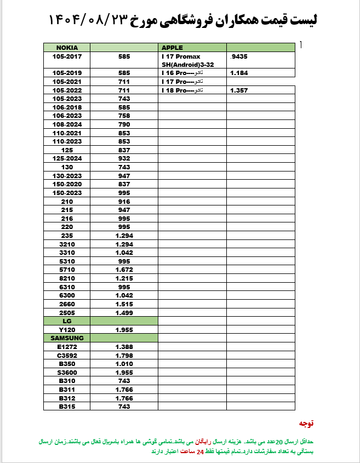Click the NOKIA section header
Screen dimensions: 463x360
67,47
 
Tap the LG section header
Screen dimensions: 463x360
67,321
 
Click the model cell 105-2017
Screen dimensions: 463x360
67,56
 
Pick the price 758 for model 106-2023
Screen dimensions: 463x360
124,116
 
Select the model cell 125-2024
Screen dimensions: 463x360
67,158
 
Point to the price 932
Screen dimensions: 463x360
124,158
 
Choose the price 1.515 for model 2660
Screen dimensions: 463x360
124,304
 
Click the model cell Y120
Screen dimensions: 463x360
67,330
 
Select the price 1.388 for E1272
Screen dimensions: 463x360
124,347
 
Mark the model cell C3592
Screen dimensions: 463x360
67,355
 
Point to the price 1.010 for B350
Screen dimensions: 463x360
124,363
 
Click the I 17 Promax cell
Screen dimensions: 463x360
181,56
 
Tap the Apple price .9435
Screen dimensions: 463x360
239,56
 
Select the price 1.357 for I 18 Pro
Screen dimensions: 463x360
239,90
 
